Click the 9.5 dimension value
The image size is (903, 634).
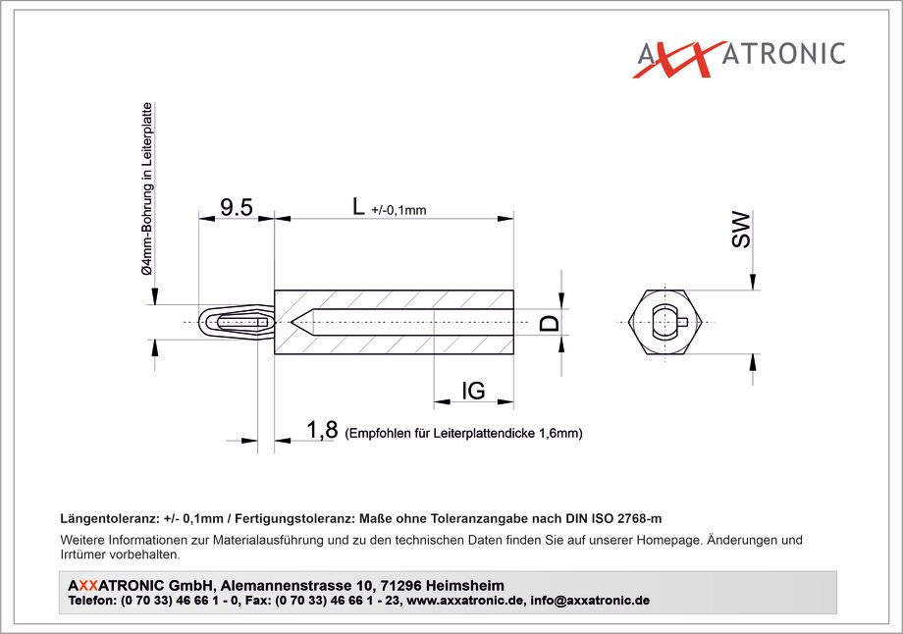pos(237,207)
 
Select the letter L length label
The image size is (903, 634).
pos(358,206)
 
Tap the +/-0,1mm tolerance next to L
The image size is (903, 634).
pos(399,210)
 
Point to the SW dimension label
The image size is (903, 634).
pos(741,230)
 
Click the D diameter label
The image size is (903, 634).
pos(550,323)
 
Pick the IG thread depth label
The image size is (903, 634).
pos(473,391)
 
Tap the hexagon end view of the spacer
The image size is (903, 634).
pos(665,322)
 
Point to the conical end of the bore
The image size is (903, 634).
pos(303,322)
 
